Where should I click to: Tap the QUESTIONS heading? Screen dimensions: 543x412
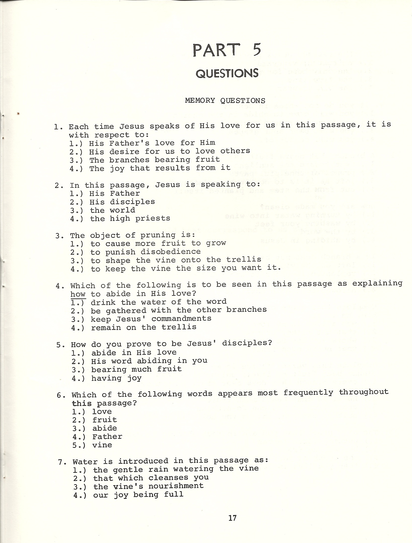227,73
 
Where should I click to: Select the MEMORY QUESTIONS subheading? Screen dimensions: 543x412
225,101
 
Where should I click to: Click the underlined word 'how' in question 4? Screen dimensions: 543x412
78,294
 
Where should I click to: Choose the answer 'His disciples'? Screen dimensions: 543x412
122,202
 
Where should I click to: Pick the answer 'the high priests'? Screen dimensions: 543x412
130,218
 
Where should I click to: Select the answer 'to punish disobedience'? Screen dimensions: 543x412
146,252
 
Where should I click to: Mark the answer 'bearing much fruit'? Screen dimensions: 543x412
136,369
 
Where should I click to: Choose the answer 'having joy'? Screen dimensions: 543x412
116,378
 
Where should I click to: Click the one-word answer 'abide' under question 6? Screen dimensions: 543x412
105,428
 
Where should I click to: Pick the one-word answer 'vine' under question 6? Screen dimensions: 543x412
102,445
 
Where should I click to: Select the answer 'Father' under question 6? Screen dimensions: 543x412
107,436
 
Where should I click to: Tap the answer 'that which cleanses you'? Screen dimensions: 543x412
151,477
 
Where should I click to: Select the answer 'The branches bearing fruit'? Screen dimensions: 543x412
154,160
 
